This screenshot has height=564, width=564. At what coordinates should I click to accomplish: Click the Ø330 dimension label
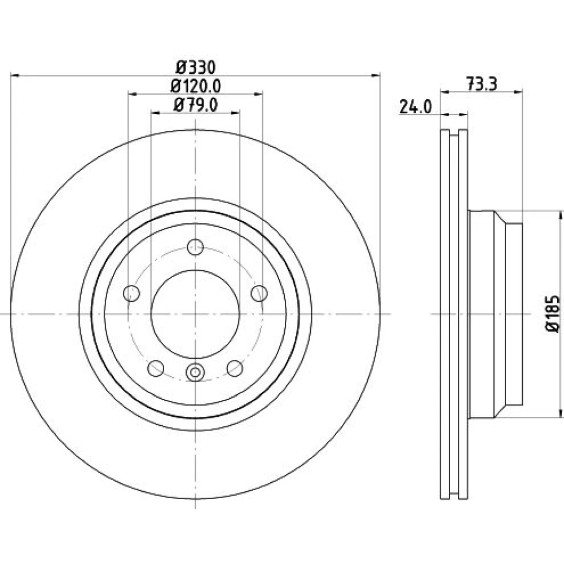click(196, 67)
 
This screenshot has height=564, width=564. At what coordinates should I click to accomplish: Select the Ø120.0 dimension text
click(195, 86)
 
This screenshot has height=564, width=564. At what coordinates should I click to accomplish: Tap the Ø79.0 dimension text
click(195, 105)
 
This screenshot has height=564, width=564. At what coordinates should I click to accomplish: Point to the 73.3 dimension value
click(482, 85)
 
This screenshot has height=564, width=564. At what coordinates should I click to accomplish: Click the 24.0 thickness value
click(415, 107)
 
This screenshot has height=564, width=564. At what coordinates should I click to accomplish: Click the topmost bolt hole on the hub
click(195, 247)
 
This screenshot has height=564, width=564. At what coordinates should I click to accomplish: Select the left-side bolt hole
click(131, 293)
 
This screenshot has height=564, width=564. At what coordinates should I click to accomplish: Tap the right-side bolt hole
click(259, 293)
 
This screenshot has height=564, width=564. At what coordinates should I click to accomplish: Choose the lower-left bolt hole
click(156, 368)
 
